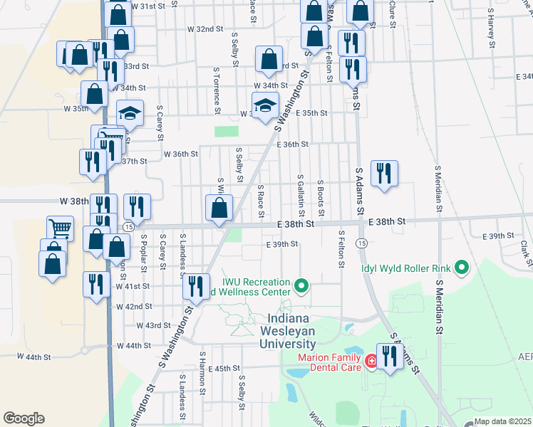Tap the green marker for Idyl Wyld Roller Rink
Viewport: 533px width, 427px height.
(462, 268)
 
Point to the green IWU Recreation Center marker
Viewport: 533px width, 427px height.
(301, 287)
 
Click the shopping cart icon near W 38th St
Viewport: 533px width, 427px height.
(61, 228)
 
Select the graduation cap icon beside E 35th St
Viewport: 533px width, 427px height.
(265, 105)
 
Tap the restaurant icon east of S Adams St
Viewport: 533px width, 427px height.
(384, 172)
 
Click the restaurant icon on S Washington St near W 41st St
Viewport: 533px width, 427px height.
(195, 285)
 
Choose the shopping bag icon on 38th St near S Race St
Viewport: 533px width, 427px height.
(219, 208)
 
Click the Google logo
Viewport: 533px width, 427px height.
(24, 418)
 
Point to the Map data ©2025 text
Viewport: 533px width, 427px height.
(502, 421)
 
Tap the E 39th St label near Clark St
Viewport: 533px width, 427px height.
(498, 236)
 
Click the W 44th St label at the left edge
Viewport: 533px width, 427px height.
(34, 356)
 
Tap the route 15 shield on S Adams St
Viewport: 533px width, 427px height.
(363, 243)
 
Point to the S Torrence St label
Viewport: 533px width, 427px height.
(215, 90)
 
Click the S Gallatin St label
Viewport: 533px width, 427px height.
(301, 195)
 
